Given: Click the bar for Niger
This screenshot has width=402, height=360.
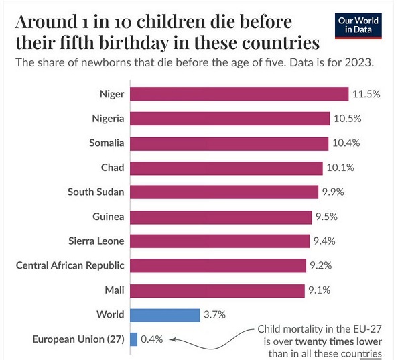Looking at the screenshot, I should (x=239, y=94).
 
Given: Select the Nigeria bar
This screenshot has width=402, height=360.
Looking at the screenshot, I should (x=229, y=119).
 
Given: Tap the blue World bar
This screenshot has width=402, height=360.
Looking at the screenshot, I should (x=165, y=314).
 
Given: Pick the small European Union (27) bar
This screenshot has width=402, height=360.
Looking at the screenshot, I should (x=134, y=339).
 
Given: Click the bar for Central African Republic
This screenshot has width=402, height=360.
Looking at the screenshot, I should (x=218, y=265).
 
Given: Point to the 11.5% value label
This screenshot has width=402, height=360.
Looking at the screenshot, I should (x=366, y=94).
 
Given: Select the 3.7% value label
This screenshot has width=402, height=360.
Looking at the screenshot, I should (x=214, y=314).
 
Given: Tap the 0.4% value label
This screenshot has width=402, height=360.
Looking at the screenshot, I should (x=151, y=339).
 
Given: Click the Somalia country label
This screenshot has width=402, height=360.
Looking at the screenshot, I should (x=107, y=143).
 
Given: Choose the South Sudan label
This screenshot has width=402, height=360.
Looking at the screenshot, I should (x=96, y=192).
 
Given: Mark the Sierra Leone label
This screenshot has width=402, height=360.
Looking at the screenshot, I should (x=96, y=241).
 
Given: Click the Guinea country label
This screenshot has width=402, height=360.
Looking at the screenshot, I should (x=109, y=217).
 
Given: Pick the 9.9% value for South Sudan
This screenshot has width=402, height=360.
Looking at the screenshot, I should (x=334, y=192).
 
